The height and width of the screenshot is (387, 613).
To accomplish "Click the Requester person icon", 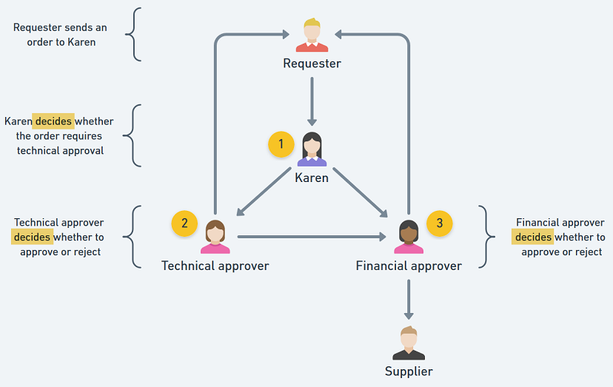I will [312, 36].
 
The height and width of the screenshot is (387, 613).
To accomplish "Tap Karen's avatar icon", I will [312, 149].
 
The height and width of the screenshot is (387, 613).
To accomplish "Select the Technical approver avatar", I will [215, 237].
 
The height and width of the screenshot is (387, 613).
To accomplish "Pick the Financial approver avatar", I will [408, 237].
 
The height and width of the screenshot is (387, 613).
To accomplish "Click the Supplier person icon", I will [408, 343].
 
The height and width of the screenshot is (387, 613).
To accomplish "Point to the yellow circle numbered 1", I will [281, 144].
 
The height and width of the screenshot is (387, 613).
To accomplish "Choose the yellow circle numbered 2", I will [184, 223].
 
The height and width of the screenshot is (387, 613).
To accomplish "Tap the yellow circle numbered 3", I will [440, 223].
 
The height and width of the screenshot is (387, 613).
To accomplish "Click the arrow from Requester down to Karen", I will [312, 100].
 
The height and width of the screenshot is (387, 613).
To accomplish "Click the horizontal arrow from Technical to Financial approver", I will [311, 237].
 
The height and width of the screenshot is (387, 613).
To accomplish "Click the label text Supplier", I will [409, 371].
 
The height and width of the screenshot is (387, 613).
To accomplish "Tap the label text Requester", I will [312, 64].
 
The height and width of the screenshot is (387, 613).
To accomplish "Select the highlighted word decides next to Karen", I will [53, 121].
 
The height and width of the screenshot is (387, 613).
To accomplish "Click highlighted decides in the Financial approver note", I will [533, 238].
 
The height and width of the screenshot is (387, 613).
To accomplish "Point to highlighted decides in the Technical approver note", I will [32, 238].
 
